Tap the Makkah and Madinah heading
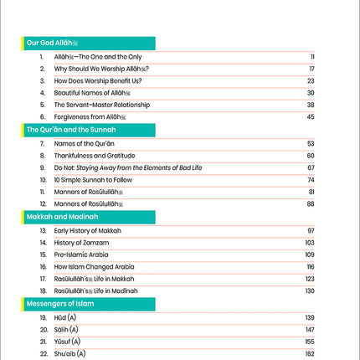pyautogui.click(x=63, y=216)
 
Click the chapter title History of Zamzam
pyautogui.click(x=85, y=241)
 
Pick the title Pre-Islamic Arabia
pyautogui.click(x=83, y=254)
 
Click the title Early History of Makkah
pyautogui.click(x=88, y=229)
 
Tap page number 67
pyautogui.click(x=310, y=167)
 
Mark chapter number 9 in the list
pyautogui.click(x=42, y=167)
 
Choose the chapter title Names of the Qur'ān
pyautogui.click(x=84, y=144)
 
